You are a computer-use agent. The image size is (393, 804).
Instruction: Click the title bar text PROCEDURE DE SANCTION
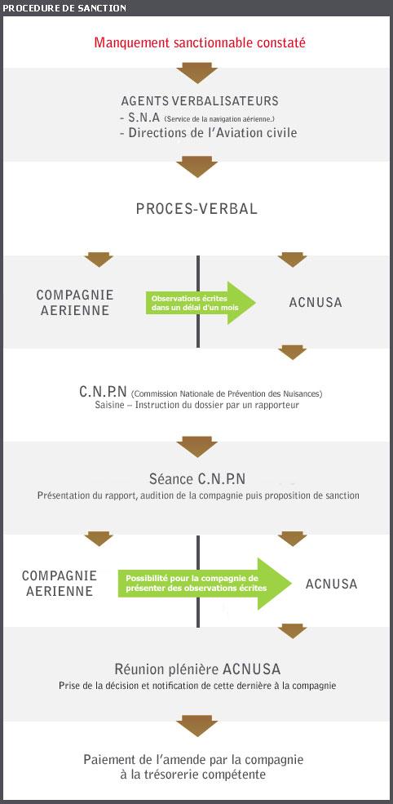[64, 8]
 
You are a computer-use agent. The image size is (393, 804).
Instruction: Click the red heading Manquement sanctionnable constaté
[199, 42]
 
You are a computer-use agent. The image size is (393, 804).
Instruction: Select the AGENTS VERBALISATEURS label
[200, 101]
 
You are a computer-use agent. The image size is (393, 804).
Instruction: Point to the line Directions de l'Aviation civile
[212, 133]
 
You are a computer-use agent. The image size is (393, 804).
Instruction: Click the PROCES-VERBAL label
[196, 209]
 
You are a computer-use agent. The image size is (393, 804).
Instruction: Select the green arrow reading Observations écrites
[201, 303]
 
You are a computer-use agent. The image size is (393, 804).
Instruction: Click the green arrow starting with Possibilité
[205, 584]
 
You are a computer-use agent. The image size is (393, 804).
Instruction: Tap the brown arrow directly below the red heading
[196, 73]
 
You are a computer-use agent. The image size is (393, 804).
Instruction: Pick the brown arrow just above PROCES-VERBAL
[196, 167]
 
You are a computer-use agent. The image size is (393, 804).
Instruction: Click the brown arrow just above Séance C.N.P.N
[196, 446]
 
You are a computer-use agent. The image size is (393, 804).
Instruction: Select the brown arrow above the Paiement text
[196, 726]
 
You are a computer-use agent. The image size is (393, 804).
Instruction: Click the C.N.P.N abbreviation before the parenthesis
[103, 393]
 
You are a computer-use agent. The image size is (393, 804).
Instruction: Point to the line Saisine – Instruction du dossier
[196, 405]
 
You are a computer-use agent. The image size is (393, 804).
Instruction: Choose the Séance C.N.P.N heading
[197, 479]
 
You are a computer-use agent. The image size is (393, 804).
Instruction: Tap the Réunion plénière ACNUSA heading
[197, 669]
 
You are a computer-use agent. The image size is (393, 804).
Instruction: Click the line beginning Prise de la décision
[197, 686]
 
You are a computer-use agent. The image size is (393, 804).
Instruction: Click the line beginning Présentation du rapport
[198, 495]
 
